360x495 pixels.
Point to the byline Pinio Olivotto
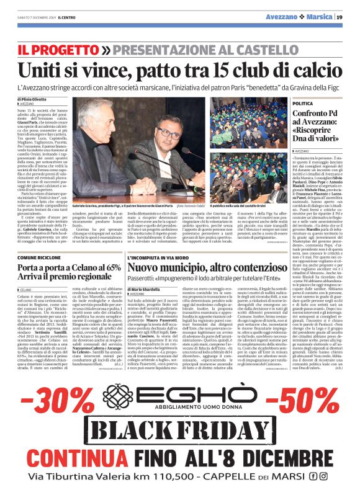point(40,99)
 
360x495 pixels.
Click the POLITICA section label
point(283,103)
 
